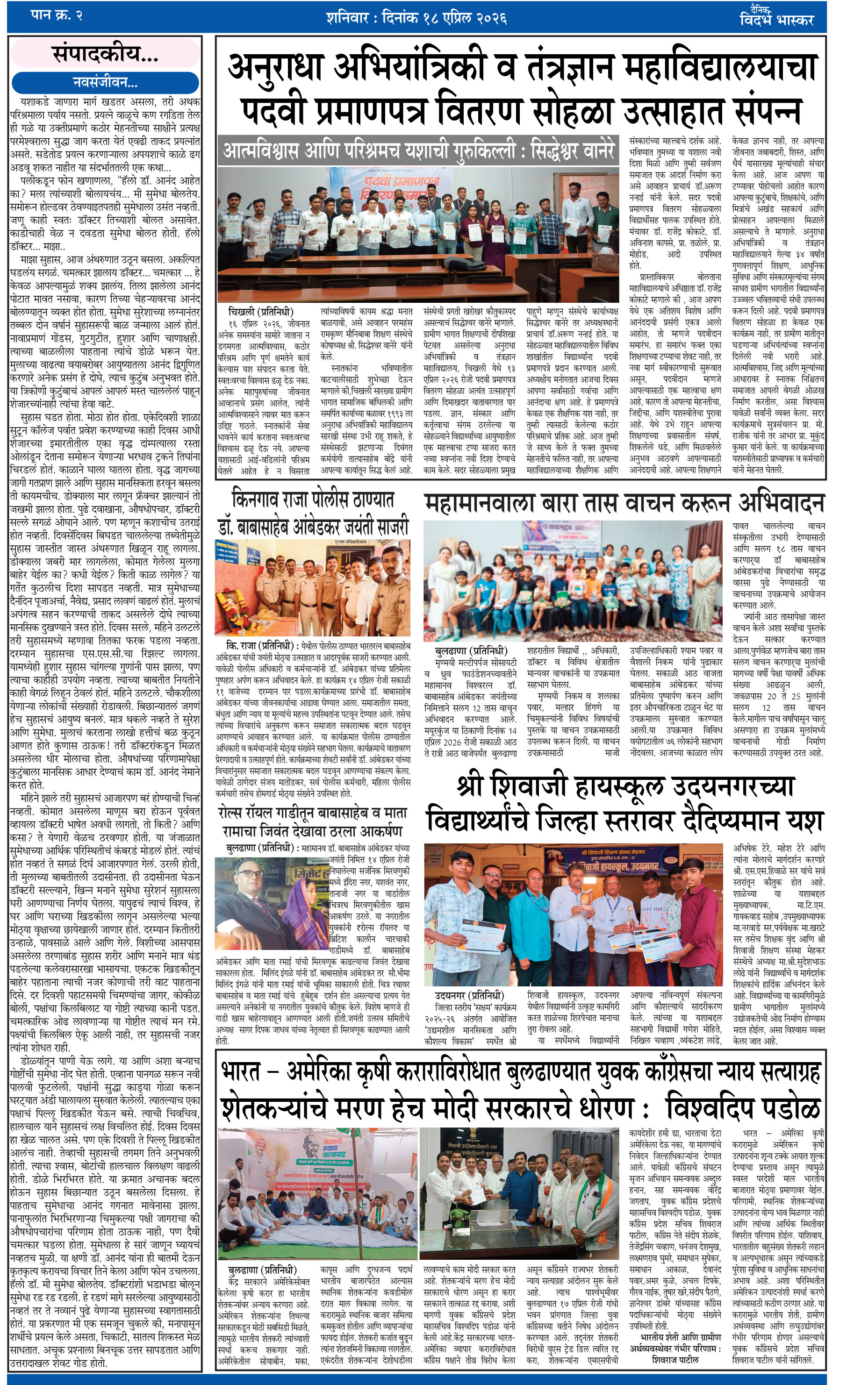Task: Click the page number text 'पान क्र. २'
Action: tap(57, 16)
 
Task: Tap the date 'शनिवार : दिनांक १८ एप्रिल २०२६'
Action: tap(416, 18)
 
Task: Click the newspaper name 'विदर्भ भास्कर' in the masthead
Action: tap(777, 21)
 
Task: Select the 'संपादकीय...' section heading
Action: tap(105, 54)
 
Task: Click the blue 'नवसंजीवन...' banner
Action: tap(105, 83)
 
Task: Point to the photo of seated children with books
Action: tap(572, 581)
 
